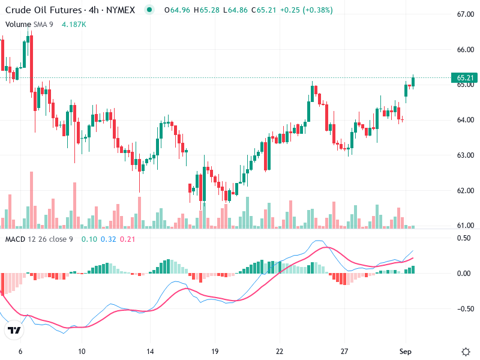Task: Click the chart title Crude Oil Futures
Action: tap(43, 10)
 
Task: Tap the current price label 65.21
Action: tap(466, 78)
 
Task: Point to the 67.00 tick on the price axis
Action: tap(466, 14)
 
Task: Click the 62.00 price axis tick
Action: tap(466, 191)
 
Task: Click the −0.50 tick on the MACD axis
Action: tap(464, 309)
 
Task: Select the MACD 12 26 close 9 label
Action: tap(39, 239)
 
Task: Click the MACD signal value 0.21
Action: tap(128, 239)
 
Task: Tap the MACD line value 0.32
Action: tap(108, 239)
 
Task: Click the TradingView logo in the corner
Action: tap(14, 330)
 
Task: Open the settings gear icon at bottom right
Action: tap(466, 352)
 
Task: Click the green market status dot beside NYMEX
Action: tap(149, 10)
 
